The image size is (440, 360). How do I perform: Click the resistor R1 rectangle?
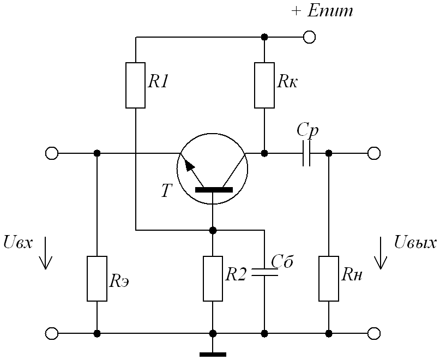click(136, 85)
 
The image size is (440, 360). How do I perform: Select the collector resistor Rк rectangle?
click(264, 85)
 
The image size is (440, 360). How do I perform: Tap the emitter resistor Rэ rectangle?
click(97, 279)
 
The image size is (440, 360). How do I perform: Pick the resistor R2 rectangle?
click(213, 279)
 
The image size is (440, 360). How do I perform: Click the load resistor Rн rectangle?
click(329, 279)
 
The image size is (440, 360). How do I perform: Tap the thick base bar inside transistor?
click(213, 190)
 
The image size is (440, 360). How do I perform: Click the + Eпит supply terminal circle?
click(310, 37)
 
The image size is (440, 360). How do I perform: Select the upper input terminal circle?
click(52, 153)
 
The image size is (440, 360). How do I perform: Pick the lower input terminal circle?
click(52, 333)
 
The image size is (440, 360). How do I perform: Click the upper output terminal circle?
click(374, 153)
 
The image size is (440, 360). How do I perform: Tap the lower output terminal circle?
click(374, 333)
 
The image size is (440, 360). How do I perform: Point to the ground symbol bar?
click(213, 354)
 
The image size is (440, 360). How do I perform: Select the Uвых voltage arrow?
click(381, 254)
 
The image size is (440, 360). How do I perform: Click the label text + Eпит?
click(322, 11)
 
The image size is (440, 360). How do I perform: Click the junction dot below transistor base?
click(213, 230)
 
